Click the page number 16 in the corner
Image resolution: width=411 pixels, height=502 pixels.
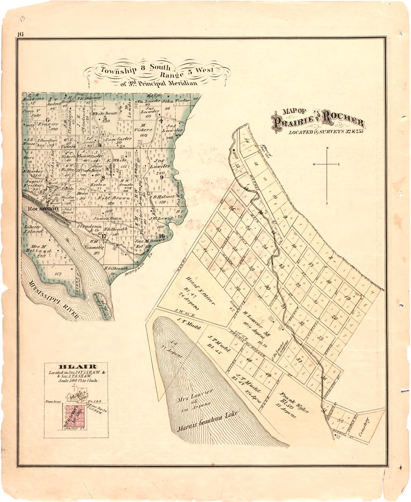click(20, 34)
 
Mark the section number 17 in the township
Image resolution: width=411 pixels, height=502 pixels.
click(104, 236)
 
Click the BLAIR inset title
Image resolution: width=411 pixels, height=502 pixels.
click(76, 367)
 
